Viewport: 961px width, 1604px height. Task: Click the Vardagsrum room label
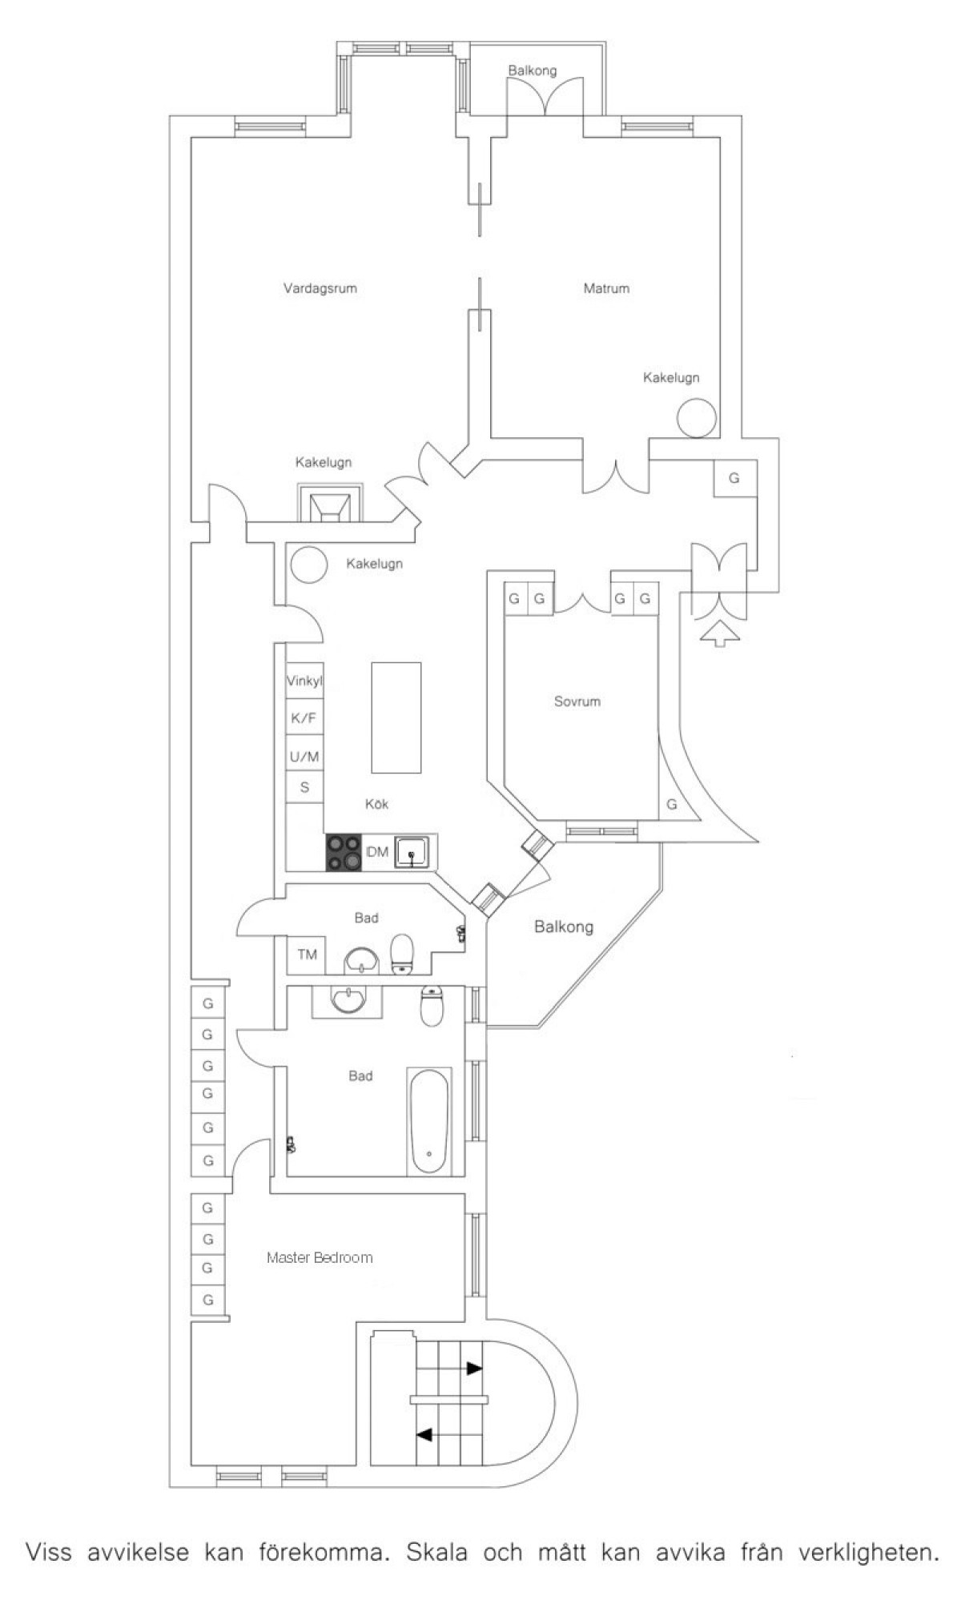320,288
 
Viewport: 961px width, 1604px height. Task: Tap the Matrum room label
606,288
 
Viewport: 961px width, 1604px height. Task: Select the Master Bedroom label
320,1257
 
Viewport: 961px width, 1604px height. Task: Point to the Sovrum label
577,701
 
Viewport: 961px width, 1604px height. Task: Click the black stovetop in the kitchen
344,853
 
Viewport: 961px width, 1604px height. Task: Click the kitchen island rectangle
396,718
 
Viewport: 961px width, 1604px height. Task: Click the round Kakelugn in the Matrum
695,417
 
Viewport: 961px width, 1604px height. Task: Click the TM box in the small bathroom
307,955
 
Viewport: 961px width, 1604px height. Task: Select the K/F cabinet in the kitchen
304,719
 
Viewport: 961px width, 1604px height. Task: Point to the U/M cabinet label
304,756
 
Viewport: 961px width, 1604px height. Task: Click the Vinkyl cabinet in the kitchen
304,682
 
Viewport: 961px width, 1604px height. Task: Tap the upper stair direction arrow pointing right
475,1369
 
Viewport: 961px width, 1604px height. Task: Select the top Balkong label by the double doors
533,70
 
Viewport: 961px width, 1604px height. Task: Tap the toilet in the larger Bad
432,1007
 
